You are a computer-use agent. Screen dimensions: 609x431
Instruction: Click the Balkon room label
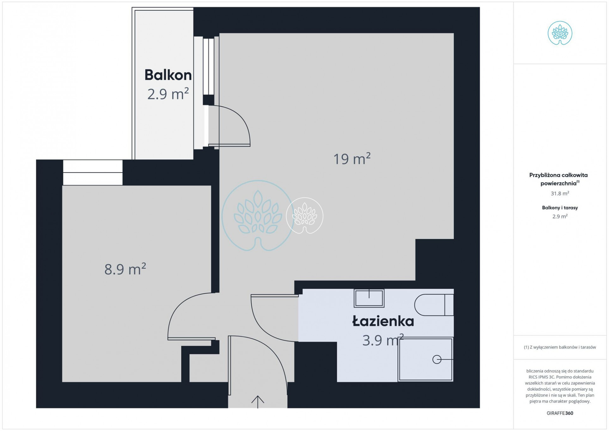168,75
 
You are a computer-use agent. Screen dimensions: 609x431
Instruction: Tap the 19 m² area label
352,159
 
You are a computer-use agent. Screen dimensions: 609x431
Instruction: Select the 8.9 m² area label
125,269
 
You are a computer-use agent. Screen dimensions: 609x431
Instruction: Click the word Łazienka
383,321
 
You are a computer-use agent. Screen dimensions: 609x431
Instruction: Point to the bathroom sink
369,298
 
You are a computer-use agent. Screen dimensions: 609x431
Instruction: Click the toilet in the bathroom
434,305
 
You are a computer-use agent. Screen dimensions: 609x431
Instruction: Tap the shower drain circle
437,359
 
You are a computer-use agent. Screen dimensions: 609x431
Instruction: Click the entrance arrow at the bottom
258,402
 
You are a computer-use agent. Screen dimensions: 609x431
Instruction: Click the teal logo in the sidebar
560,33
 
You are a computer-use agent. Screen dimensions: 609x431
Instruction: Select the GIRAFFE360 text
560,413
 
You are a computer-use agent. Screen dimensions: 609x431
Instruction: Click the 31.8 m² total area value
560,193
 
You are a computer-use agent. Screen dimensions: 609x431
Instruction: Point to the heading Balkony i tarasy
560,208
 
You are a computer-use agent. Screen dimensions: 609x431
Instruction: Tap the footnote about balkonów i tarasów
560,347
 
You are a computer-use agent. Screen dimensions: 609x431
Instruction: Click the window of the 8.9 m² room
93,173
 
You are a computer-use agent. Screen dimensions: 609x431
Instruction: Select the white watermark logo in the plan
304,216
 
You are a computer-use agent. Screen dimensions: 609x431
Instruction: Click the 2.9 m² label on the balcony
168,94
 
